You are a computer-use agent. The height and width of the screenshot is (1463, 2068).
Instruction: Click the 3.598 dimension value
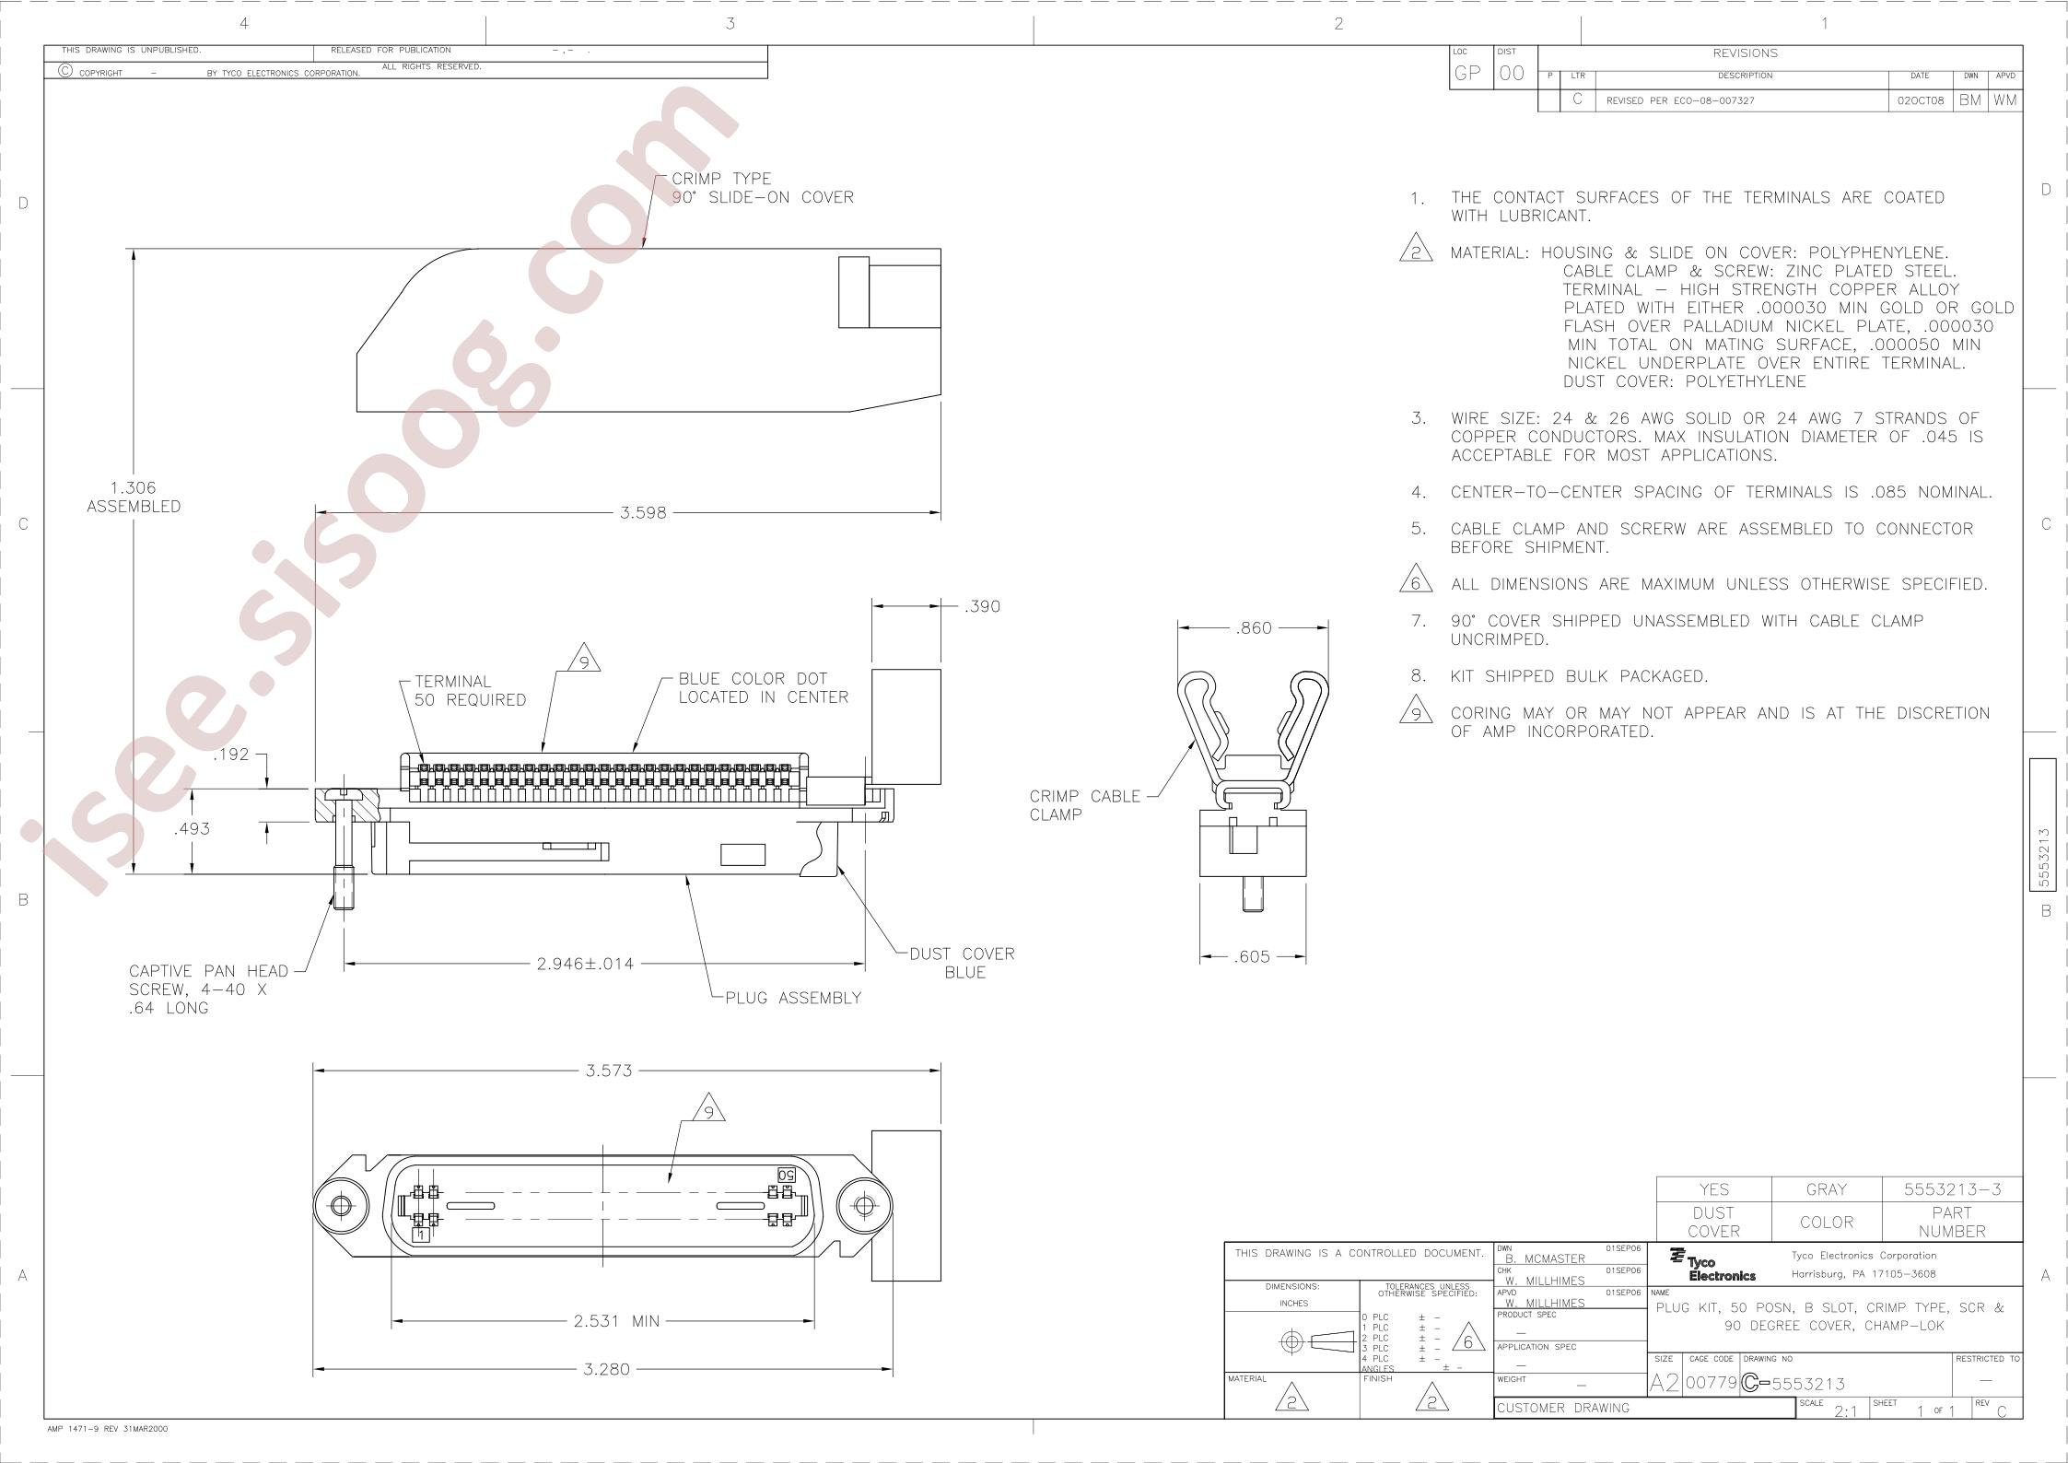click(643, 513)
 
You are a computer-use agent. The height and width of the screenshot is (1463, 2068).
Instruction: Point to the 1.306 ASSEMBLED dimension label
click(134, 497)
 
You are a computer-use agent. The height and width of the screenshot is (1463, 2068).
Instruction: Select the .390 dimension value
click(982, 606)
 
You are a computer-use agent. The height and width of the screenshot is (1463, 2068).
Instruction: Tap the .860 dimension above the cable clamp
click(1253, 628)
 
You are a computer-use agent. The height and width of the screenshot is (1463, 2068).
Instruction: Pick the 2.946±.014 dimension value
click(586, 964)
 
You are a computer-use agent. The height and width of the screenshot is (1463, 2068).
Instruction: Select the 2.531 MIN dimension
click(616, 1321)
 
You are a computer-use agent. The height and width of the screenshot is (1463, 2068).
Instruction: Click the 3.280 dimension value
click(606, 1369)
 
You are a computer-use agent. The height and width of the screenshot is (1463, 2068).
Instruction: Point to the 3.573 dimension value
click(609, 1071)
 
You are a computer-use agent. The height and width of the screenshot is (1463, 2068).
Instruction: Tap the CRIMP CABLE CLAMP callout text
click(1084, 805)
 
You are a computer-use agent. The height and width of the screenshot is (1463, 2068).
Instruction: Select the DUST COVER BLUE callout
click(963, 963)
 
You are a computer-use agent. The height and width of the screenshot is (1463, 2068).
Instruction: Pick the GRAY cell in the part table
click(1826, 1189)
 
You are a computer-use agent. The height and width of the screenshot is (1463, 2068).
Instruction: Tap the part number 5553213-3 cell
click(1952, 1189)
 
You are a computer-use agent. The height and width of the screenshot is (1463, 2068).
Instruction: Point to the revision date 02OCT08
click(1920, 100)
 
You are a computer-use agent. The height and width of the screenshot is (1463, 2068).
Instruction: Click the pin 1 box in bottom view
click(421, 1235)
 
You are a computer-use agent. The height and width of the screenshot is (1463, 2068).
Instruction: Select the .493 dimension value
click(192, 828)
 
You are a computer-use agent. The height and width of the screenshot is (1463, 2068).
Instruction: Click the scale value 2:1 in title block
click(1845, 1411)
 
